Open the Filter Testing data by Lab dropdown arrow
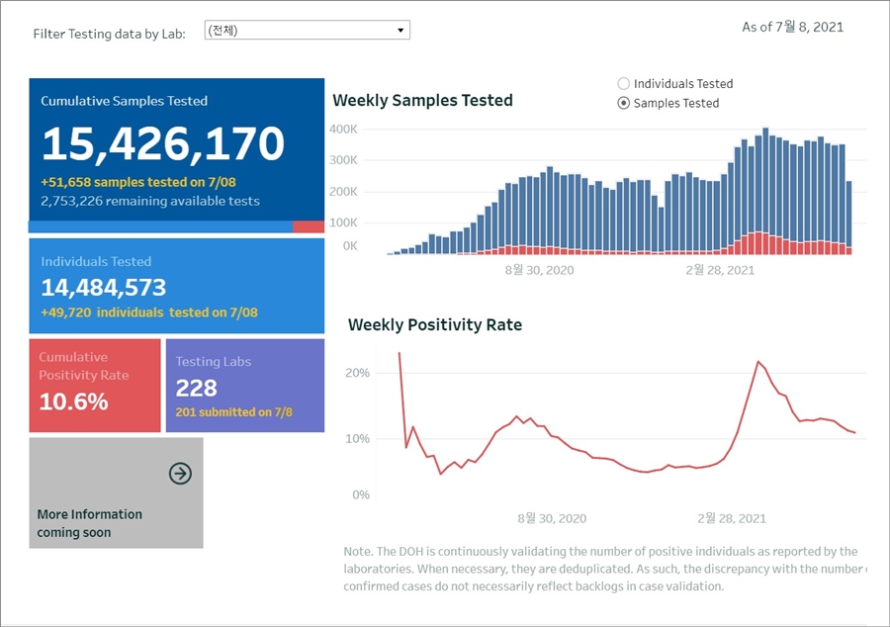400,31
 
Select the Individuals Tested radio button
624,84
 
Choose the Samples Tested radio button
624,103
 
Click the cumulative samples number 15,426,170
163,144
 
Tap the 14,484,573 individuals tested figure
104,288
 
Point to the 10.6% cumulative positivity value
74,402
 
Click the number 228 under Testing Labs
196,388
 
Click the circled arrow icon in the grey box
180,474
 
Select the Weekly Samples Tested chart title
422,100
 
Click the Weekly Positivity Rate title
435,324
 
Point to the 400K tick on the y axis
343,130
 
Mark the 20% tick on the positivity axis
358,373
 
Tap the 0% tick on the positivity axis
362,494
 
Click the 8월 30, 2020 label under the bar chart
539,269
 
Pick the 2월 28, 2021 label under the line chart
732,518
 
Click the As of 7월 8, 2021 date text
792,27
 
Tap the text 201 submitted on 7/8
233,412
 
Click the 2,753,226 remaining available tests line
150,201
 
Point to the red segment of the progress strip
309,226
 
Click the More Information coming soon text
89,523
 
